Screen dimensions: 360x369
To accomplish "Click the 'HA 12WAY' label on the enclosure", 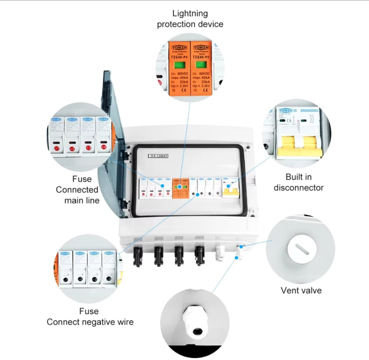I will pos(158,156).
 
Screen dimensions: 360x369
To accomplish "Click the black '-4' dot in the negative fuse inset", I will pos(109,279).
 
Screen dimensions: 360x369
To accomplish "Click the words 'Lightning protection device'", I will pos(190,19).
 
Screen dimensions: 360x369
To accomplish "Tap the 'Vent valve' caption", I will pos(301,290).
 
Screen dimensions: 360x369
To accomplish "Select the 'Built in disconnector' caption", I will pos(299,182).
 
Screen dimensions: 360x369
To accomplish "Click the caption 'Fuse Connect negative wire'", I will pos(90,316).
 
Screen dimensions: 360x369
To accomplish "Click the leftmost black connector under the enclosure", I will pos(138,256).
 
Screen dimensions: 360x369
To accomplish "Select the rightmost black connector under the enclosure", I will pos(200,255).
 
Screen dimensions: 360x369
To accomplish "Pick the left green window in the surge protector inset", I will pos(180,66).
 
